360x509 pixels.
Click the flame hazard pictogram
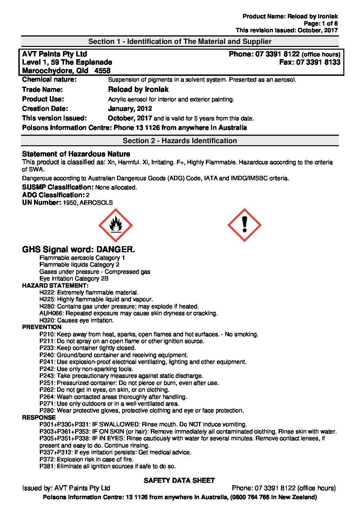click(x=115, y=225)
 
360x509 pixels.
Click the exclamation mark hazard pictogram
click(x=244, y=225)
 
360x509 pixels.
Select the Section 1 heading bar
click(x=180, y=41)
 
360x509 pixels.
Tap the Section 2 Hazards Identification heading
click(x=180, y=141)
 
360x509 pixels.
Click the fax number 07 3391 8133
click(x=318, y=62)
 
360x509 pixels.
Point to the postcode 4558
click(x=102, y=71)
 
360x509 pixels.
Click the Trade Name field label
click(x=42, y=89)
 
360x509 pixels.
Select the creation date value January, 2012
click(x=130, y=109)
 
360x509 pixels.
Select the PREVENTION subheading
click(x=42, y=327)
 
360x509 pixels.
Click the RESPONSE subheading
click(x=39, y=418)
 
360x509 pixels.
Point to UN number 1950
click(x=70, y=203)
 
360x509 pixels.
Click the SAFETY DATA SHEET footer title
click(x=179, y=480)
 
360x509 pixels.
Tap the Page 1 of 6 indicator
click(x=321, y=23)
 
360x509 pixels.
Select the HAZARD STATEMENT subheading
click(x=55, y=286)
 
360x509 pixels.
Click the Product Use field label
click(x=43, y=99)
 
